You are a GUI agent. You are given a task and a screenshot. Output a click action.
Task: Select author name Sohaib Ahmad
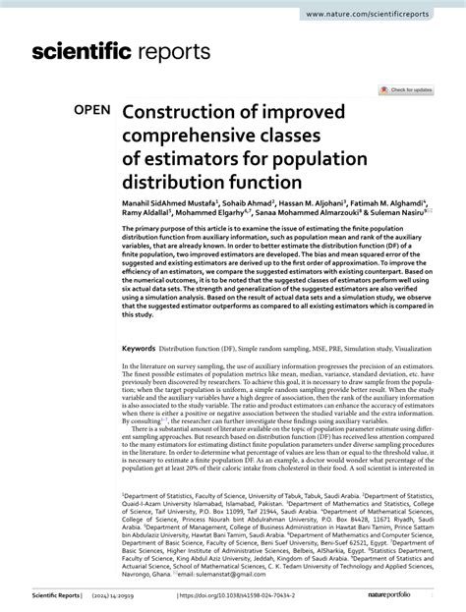click(243, 200)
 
